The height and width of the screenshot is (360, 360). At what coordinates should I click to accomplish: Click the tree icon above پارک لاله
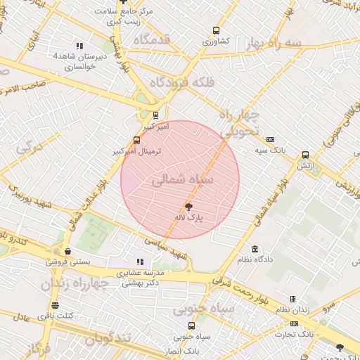click(188, 206)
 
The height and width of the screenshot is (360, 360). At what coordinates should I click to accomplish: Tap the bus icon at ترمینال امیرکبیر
click(136, 140)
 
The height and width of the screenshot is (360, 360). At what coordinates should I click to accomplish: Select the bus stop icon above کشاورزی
click(215, 31)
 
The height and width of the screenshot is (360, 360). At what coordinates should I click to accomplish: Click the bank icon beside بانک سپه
click(270, 139)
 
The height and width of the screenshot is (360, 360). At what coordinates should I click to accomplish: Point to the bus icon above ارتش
click(305, 155)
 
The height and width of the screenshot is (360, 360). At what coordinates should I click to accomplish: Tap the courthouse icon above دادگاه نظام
click(255, 249)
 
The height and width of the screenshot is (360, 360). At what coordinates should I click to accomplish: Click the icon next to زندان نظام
click(292, 300)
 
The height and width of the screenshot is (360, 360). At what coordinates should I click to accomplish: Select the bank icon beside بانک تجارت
click(294, 323)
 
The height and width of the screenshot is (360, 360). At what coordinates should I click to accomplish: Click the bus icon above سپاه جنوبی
click(191, 326)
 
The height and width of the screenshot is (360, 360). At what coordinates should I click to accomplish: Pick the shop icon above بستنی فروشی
click(67, 251)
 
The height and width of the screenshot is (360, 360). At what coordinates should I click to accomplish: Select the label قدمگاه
click(146, 39)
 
